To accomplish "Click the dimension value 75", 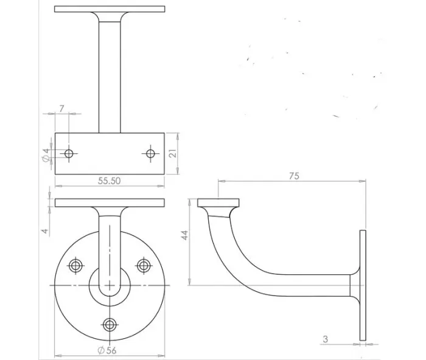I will click(293, 175).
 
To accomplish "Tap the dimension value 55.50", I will click(109, 181).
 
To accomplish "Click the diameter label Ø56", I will click(108, 350).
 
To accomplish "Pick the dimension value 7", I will click(61, 108).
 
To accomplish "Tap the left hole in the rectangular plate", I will click(69, 153).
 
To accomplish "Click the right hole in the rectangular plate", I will click(150, 153).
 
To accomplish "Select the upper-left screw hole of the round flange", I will click(76, 265).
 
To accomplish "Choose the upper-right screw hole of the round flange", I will click(144, 265).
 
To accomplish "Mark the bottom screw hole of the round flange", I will click(110, 323).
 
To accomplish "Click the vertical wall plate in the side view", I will click(363, 285).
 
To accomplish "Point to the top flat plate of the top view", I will click(110, 10).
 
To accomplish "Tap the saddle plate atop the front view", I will click(110, 202).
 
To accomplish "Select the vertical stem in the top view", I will click(110, 73).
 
